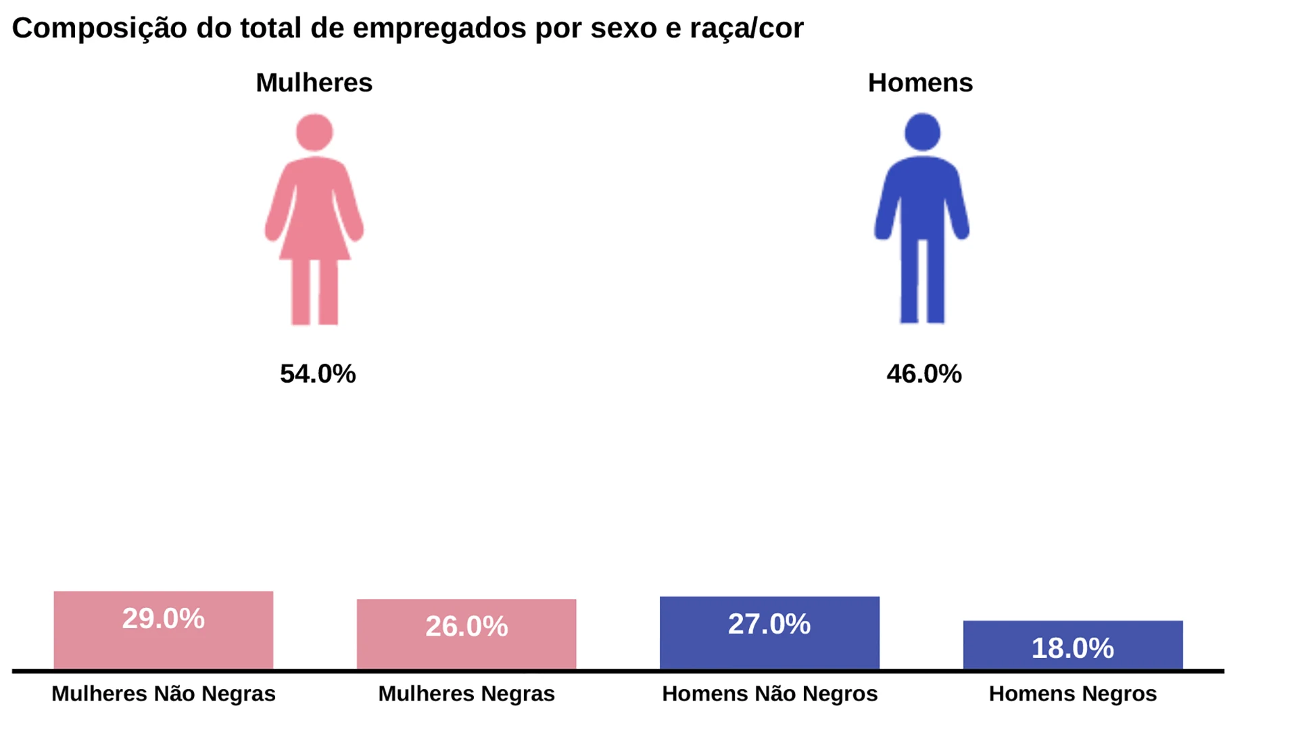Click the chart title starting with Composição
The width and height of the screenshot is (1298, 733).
pyautogui.click(x=408, y=28)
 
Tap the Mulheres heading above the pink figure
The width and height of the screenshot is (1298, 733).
pyautogui.click(x=314, y=83)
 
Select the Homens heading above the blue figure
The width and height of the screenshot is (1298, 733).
pyautogui.click(x=920, y=83)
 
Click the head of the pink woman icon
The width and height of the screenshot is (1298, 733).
pyautogui.click(x=314, y=133)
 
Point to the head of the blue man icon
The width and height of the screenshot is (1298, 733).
pyautogui.click(x=922, y=132)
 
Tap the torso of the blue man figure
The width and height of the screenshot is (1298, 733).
pyautogui.click(x=922, y=196)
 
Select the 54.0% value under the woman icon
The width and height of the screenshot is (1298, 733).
pyautogui.click(x=318, y=374)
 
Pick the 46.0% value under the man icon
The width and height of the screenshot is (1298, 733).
pyautogui.click(x=923, y=374)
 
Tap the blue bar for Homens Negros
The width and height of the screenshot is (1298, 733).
pyautogui.click(x=1073, y=659)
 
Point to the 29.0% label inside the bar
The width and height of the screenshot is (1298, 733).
pyautogui.click(x=164, y=619)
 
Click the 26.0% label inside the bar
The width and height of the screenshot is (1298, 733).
pyautogui.click(x=466, y=626)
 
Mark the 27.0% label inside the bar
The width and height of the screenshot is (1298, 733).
pyautogui.click(x=769, y=624)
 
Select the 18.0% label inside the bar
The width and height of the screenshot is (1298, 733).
pyautogui.click(x=1073, y=648)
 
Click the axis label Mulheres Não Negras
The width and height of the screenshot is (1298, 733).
pyautogui.click(x=164, y=694)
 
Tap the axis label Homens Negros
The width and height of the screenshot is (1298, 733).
pyautogui.click(x=1073, y=694)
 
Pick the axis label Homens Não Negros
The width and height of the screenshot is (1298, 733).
pyautogui.click(x=769, y=694)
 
